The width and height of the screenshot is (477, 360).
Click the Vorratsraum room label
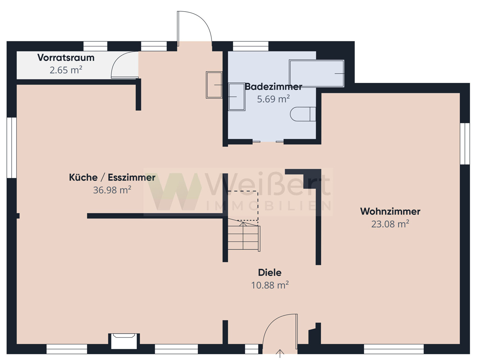point(66,58)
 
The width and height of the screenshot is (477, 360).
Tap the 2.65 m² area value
point(66,70)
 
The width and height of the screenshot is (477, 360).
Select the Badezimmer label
point(273,87)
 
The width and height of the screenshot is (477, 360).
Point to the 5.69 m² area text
point(273,99)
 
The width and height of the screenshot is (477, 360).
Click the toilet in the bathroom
point(303,114)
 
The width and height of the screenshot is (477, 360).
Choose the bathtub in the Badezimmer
point(317,74)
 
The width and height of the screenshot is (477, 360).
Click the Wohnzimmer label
point(390,211)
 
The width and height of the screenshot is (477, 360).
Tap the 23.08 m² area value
point(390,224)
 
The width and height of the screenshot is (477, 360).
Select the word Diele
point(270,272)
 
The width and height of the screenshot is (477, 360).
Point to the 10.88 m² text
point(270,285)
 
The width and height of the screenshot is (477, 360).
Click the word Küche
point(83,177)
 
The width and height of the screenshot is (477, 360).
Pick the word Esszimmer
point(132,177)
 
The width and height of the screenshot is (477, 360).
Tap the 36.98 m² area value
point(112,190)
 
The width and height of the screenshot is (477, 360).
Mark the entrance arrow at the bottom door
point(280,353)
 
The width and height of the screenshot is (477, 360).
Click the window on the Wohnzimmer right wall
point(465,144)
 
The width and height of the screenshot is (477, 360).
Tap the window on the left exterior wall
point(12,148)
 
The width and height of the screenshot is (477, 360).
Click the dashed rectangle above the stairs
point(243,206)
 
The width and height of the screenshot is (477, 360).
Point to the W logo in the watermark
point(174,192)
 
